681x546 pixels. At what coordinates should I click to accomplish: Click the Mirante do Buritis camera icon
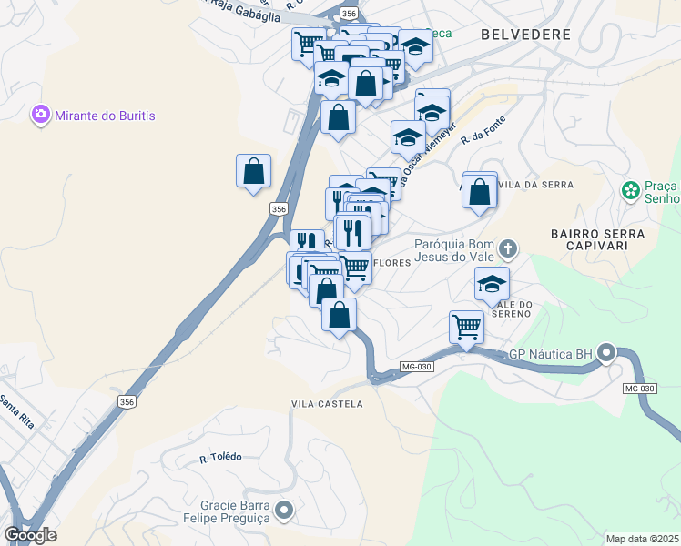tap(40, 115)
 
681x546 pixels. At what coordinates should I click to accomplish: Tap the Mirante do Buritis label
tap(105, 116)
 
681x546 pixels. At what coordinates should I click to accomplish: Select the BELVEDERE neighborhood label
tap(525, 35)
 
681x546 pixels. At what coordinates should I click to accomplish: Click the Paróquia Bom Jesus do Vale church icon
tap(508, 248)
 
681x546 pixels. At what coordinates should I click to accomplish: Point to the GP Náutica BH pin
tap(607, 353)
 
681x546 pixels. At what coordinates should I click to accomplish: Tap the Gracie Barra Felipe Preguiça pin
tap(284, 511)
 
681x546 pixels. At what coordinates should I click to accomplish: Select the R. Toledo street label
tap(221, 457)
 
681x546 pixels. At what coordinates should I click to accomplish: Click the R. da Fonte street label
tap(483, 127)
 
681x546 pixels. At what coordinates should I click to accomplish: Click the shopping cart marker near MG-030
tap(466, 327)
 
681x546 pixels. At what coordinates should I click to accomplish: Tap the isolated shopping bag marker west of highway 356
tap(253, 170)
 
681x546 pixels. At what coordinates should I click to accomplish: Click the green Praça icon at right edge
tap(629, 191)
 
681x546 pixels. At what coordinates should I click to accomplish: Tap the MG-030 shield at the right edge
tap(640, 389)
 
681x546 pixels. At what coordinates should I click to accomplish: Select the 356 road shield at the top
tap(349, 13)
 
